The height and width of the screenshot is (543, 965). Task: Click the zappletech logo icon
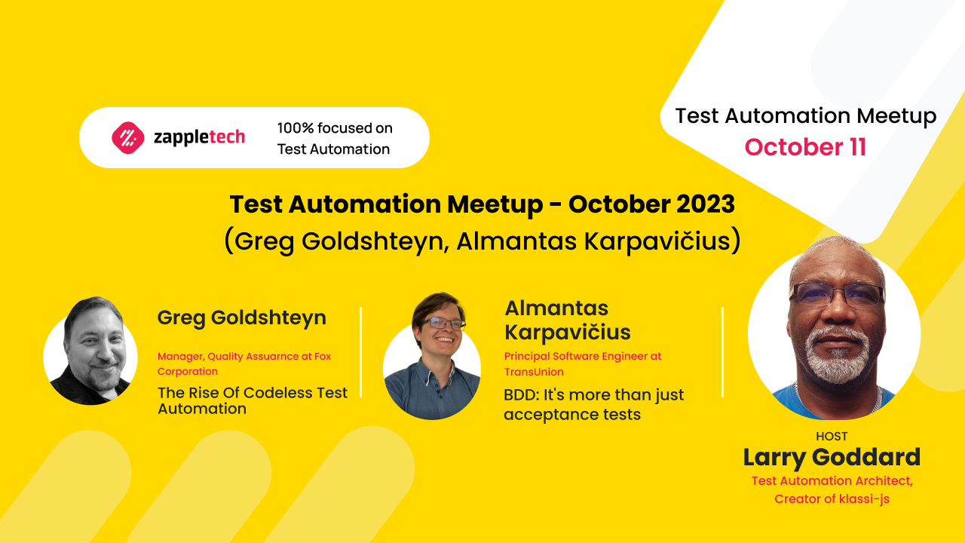tap(127, 137)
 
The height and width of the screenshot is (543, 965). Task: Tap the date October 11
tap(805, 147)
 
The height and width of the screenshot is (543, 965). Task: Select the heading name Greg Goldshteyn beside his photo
tap(241, 318)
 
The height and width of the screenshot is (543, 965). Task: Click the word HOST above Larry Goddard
tap(832, 436)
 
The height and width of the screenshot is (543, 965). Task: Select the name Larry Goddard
tap(832, 457)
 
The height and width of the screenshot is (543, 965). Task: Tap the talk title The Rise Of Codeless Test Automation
tap(252, 400)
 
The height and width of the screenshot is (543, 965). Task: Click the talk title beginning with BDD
tap(593, 404)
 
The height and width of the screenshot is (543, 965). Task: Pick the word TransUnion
tap(533, 372)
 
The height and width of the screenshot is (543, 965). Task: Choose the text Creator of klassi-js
tap(832, 499)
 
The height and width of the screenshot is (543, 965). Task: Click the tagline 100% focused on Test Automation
tap(334, 138)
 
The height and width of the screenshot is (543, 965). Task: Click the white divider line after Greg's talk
tap(361, 351)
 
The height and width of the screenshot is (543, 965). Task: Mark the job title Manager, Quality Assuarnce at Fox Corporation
tap(244, 364)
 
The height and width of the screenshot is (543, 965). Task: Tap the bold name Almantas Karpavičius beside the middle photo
tap(567, 320)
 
